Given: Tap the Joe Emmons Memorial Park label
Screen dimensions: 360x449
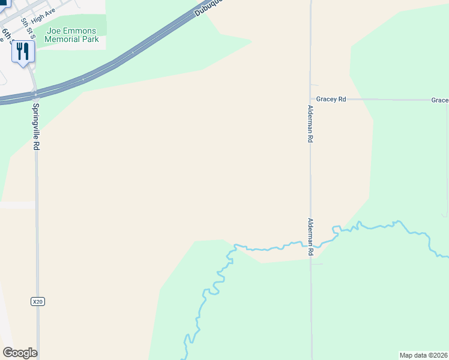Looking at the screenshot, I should [x=72, y=34].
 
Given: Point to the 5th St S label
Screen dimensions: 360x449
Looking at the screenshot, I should [x=27, y=28].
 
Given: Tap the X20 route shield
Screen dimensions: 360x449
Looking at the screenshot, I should [x=38, y=302].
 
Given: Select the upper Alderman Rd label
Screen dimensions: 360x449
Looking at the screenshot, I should [x=310, y=124].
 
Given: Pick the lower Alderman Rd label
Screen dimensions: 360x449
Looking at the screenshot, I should [x=310, y=237].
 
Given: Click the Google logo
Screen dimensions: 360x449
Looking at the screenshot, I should [x=20, y=353].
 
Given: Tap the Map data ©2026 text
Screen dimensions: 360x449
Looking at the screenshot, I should [x=423, y=355].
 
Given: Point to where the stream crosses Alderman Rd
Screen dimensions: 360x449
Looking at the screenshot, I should [x=310, y=244].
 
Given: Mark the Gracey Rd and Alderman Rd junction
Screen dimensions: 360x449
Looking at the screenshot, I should [x=310, y=100].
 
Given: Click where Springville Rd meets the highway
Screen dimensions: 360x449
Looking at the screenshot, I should [x=36, y=94].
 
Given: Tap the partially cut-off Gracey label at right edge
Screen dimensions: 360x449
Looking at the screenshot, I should [x=439, y=100].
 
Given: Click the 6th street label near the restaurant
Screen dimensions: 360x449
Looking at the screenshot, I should [x=7, y=35].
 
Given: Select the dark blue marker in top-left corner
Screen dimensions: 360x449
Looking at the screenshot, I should [x=5, y=4].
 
